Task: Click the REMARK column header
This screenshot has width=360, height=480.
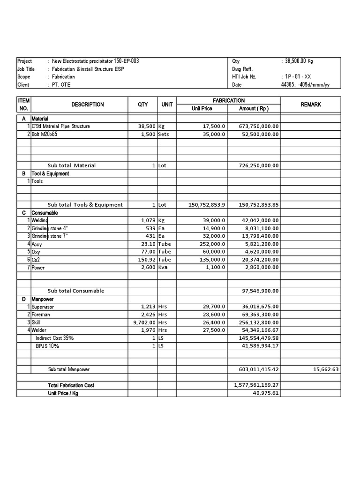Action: click(x=311, y=105)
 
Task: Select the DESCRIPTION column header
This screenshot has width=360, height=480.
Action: click(x=88, y=105)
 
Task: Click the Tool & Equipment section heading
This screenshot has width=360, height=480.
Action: click(x=50, y=173)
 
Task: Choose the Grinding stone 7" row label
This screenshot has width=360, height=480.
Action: click(x=50, y=236)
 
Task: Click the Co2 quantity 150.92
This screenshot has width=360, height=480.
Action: click(x=146, y=259)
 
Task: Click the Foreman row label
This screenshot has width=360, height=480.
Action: click(x=41, y=314)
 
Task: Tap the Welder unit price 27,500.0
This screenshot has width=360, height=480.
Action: click(x=213, y=330)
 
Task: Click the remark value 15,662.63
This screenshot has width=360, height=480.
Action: click(x=325, y=369)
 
